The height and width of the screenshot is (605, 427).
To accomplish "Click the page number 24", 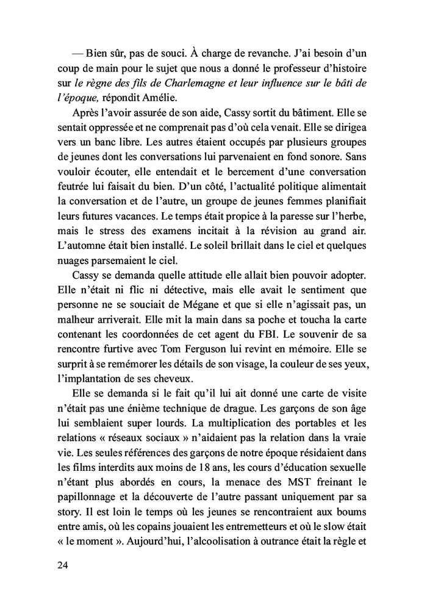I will click(x=61, y=565).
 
